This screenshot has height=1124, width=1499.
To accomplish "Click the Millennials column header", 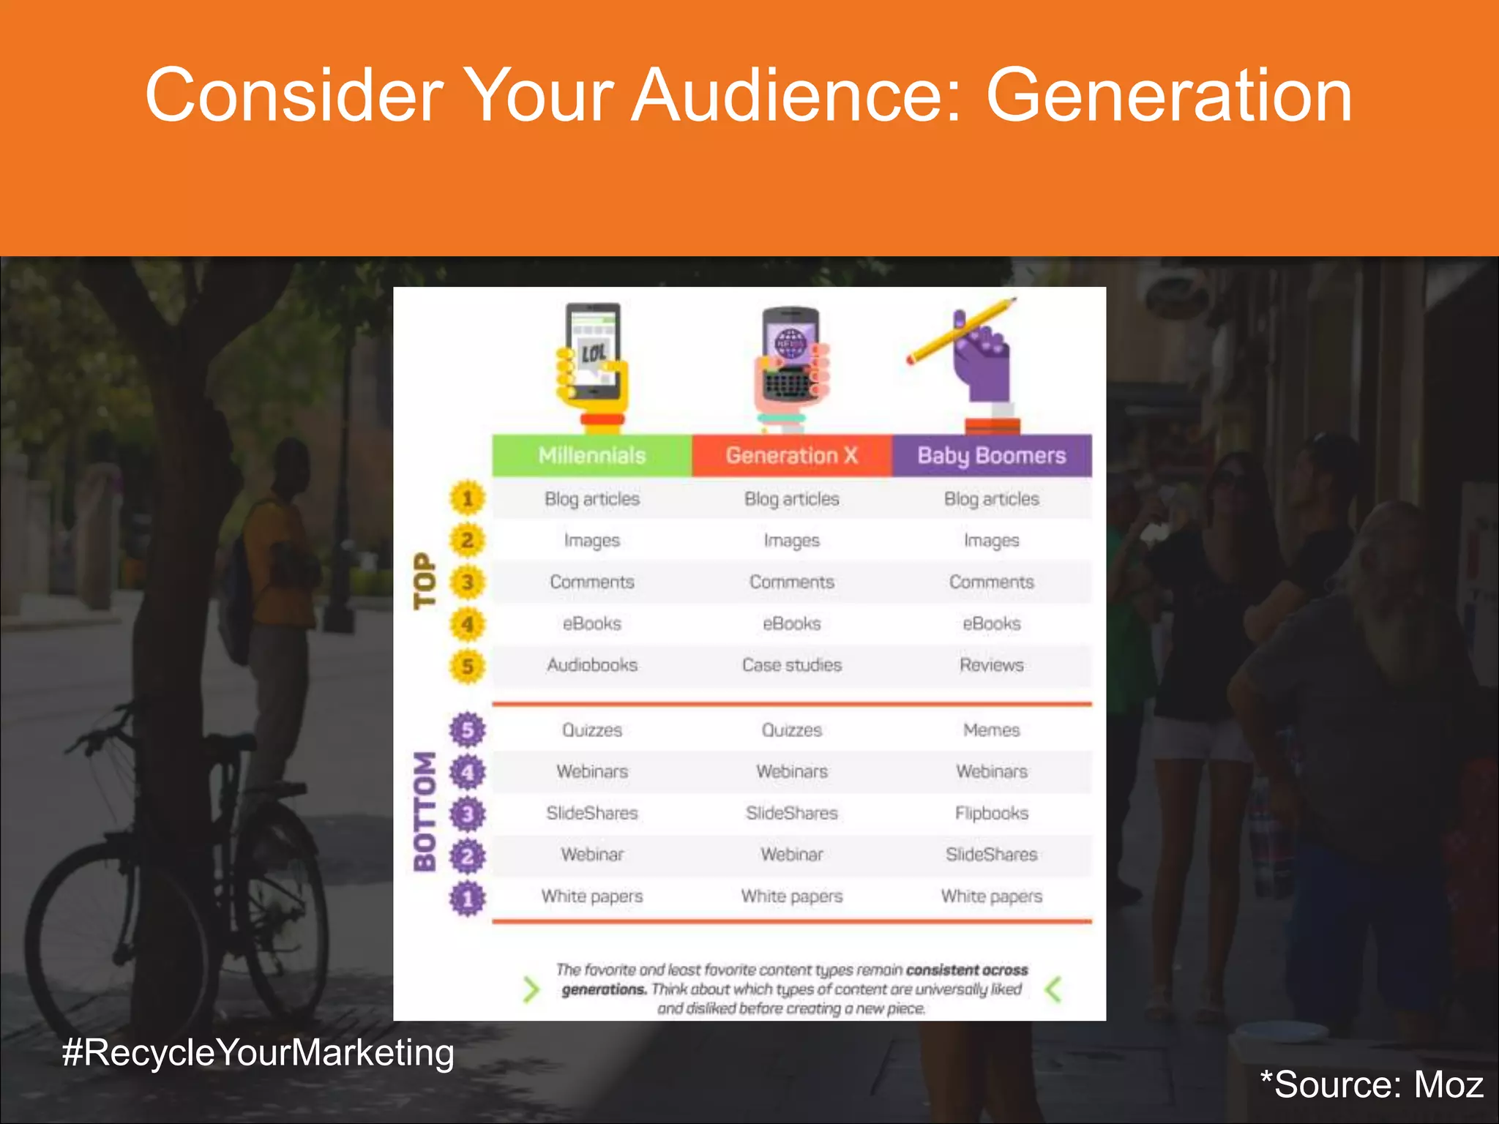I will pyautogui.click(x=591, y=455).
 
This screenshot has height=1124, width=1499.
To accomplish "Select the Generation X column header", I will pyautogui.click(x=791, y=455).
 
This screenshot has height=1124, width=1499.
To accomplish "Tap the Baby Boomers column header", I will pyautogui.click(x=991, y=455).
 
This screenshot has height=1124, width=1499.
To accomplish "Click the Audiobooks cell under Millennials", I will pyautogui.click(x=591, y=665).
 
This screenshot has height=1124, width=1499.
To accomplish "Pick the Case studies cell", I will pyautogui.click(x=791, y=665).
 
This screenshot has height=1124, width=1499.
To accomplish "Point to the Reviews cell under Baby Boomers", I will pyautogui.click(x=991, y=665).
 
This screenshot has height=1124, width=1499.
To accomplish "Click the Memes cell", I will pyautogui.click(x=991, y=730).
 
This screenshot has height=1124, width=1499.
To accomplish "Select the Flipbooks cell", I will pyautogui.click(x=991, y=813).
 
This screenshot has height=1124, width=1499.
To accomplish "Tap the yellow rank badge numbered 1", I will pyautogui.click(x=467, y=499).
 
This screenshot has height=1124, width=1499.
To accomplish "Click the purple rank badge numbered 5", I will pyautogui.click(x=467, y=730).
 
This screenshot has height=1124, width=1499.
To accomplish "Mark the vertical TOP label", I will pyautogui.click(x=425, y=581).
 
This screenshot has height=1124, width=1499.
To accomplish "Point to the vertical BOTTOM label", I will pyautogui.click(x=425, y=812).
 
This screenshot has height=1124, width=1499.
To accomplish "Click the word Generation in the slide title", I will pyautogui.click(x=1168, y=95).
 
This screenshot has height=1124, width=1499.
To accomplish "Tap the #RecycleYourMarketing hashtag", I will pyautogui.click(x=258, y=1052).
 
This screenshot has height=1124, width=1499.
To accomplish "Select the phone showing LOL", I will pyautogui.click(x=593, y=351).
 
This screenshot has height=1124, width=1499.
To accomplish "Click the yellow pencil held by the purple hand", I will pyautogui.click(x=960, y=331).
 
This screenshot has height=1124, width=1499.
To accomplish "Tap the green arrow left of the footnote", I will pyautogui.click(x=531, y=989).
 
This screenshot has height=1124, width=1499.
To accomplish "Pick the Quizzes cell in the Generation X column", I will pyautogui.click(x=791, y=730).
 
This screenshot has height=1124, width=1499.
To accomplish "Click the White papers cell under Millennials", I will pyautogui.click(x=591, y=896).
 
